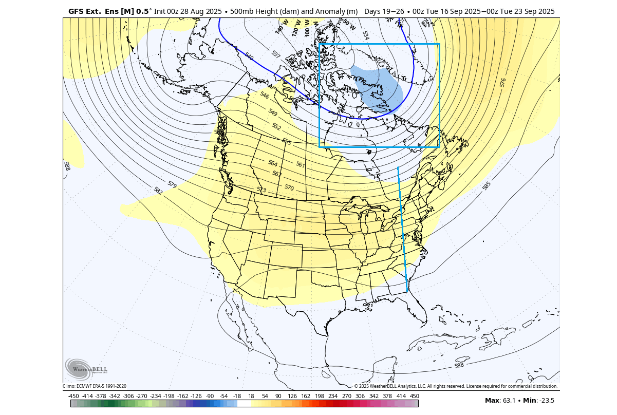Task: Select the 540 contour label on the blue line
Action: click(249, 56)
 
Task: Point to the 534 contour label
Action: click(365, 35)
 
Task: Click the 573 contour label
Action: click(261, 190)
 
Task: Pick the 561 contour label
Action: click(301, 164)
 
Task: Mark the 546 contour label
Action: click(265, 96)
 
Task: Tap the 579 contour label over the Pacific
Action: click(172, 184)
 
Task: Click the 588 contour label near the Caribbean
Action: click(459, 365)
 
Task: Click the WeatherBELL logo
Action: click(86, 369)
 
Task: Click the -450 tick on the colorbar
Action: click(73, 396)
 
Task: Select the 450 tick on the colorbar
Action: click(414, 396)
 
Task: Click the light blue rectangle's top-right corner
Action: click(439, 44)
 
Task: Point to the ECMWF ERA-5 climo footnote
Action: click(95, 386)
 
